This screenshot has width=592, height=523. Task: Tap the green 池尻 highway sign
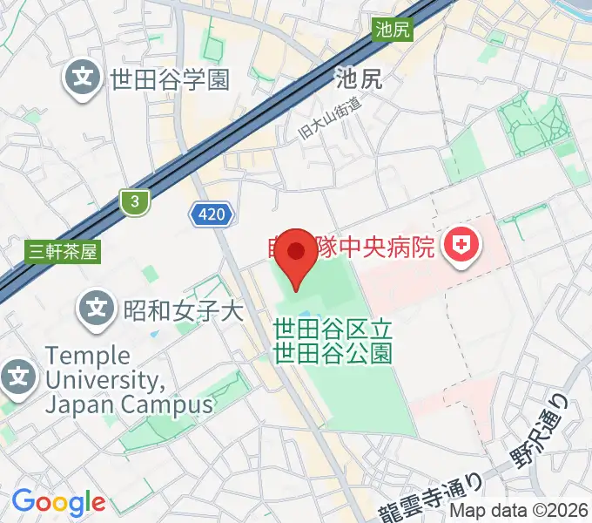[x=391, y=29]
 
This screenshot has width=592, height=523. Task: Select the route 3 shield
[x=134, y=202]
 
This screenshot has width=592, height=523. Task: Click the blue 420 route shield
[x=211, y=213]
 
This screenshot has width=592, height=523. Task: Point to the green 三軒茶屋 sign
[x=62, y=252]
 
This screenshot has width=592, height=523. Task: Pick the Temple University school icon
[x=19, y=377]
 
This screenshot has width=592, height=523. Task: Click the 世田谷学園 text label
[x=170, y=80]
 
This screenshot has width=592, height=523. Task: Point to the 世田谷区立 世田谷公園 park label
[x=333, y=341]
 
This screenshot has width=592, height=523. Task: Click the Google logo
[x=58, y=502]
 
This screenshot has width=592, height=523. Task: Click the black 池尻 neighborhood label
[x=359, y=80]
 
